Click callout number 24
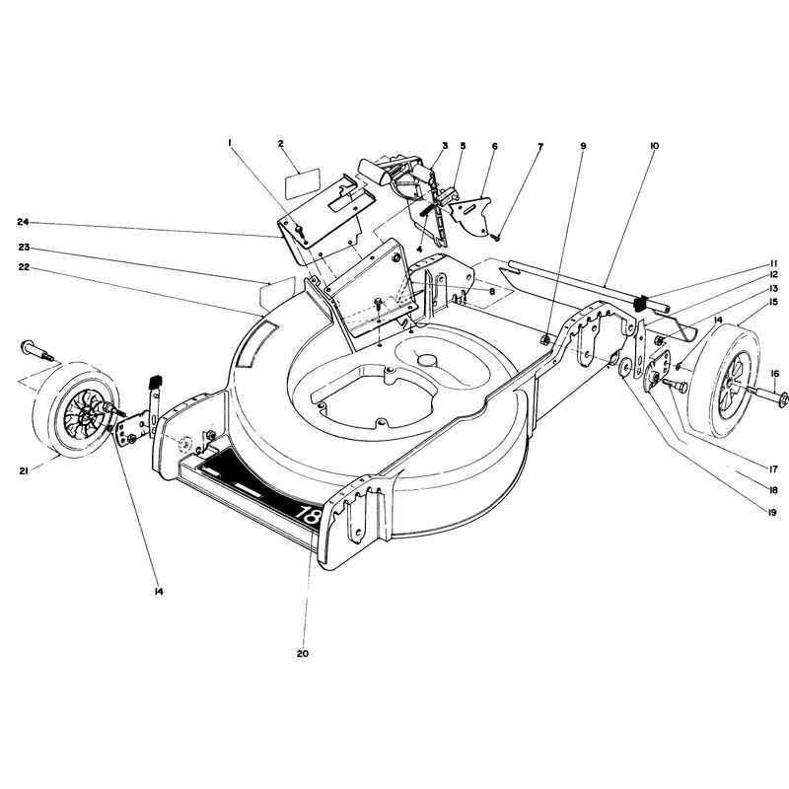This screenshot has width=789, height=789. (23, 222)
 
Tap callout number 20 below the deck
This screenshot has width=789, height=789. (302, 653)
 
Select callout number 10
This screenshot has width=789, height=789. (654, 146)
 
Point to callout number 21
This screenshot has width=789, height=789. (23, 471)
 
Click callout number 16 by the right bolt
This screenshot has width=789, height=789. (774, 374)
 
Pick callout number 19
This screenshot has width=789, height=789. (772, 512)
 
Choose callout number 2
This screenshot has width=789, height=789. (281, 144)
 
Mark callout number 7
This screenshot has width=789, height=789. (540, 146)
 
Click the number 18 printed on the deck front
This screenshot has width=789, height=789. (307, 513)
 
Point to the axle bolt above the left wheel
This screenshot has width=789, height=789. (37, 350)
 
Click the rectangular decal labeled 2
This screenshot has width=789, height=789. (304, 184)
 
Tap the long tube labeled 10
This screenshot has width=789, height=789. (588, 285)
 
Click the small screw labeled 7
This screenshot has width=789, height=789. (495, 237)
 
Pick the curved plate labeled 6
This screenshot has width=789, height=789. (470, 215)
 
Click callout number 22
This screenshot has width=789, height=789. (23, 267)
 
